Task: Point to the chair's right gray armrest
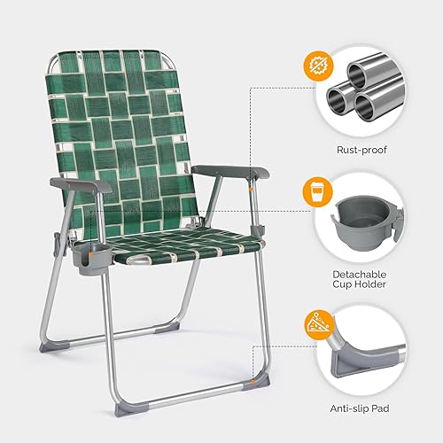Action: coord(238,172)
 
